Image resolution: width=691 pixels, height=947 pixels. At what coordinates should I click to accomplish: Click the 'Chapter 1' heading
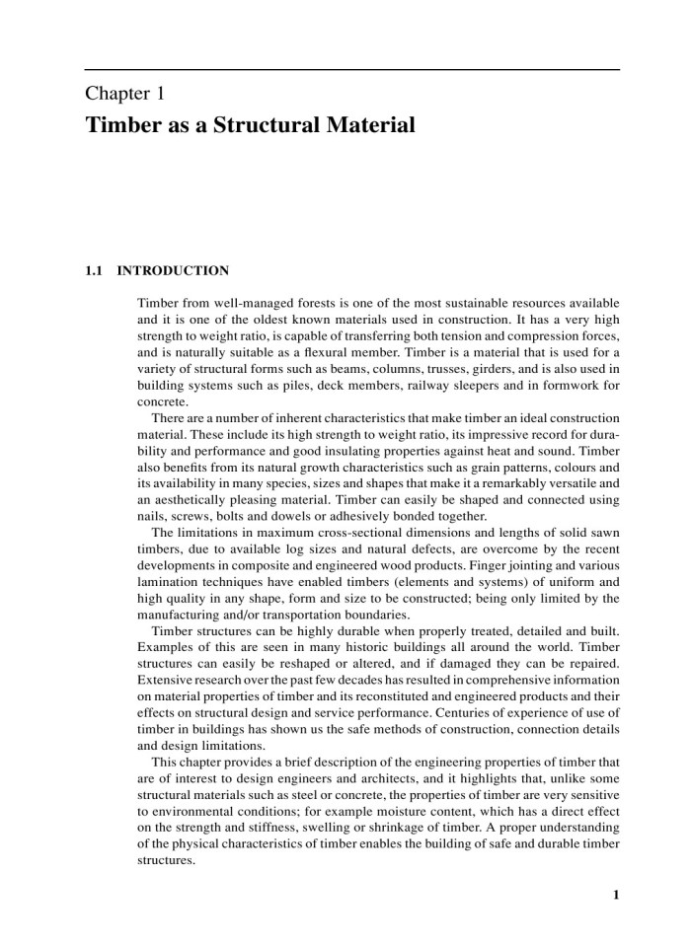coord(124,95)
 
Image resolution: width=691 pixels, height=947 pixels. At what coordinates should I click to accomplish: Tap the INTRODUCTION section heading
coord(173,270)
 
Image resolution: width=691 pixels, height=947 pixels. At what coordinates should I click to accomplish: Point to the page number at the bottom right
coord(616,896)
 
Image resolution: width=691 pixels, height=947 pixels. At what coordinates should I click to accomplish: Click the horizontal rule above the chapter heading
coord(351,70)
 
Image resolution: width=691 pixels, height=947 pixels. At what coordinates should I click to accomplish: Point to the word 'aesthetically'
coord(196,499)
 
